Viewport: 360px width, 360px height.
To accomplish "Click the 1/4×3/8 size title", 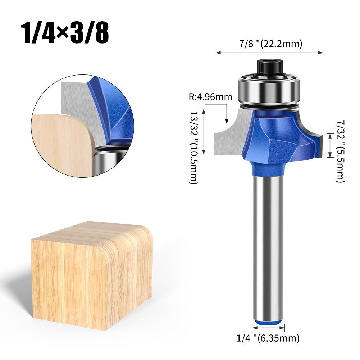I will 65,33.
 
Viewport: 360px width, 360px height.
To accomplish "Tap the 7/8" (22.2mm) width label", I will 269,44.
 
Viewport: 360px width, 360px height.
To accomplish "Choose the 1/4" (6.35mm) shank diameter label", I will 268,338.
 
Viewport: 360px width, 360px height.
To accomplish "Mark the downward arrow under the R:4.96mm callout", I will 227,115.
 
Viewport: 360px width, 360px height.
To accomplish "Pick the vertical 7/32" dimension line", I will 329,145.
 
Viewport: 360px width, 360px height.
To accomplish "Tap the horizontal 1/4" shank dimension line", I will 268,328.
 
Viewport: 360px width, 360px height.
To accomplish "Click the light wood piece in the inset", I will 61,144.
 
